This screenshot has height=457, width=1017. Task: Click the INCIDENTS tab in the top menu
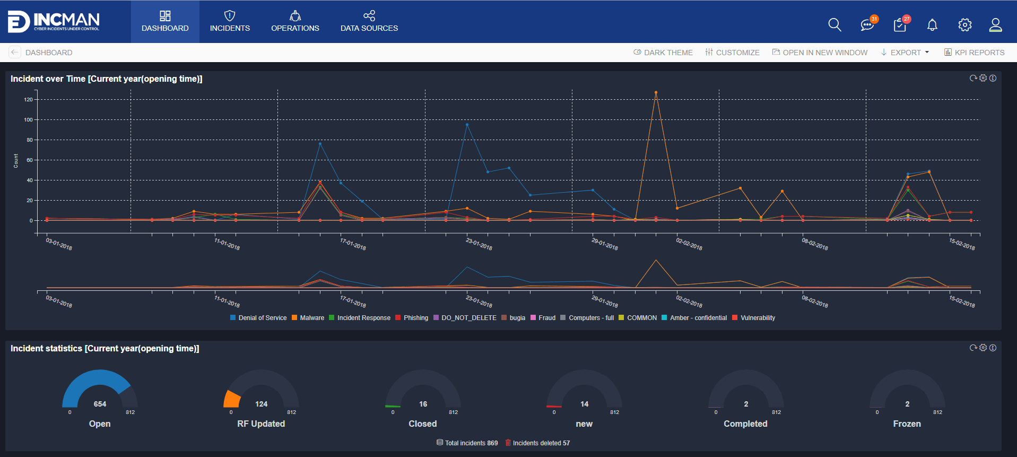[x=230, y=22]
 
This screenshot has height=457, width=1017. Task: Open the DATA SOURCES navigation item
[x=369, y=22]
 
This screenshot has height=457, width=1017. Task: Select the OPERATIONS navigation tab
[x=295, y=22]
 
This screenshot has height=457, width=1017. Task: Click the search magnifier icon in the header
[x=835, y=25]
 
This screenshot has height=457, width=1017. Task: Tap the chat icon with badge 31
[x=867, y=25]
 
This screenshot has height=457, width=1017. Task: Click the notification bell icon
[x=932, y=25]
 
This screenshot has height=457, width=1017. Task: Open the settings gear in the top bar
[x=964, y=25]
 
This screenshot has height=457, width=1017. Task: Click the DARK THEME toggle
[x=663, y=53]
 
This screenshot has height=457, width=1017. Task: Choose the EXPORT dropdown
[x=905, y=53]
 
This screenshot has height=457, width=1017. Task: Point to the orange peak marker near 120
[x=656, y=92]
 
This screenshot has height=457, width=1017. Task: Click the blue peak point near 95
[x=467, y=125]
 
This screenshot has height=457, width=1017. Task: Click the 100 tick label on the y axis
[x=28, y=120]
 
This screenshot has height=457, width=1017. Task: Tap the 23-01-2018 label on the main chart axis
[x=479, y=244]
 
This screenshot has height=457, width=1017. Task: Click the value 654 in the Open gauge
[x=100, y=404]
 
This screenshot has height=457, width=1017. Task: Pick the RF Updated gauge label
[x=261, y=424]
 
